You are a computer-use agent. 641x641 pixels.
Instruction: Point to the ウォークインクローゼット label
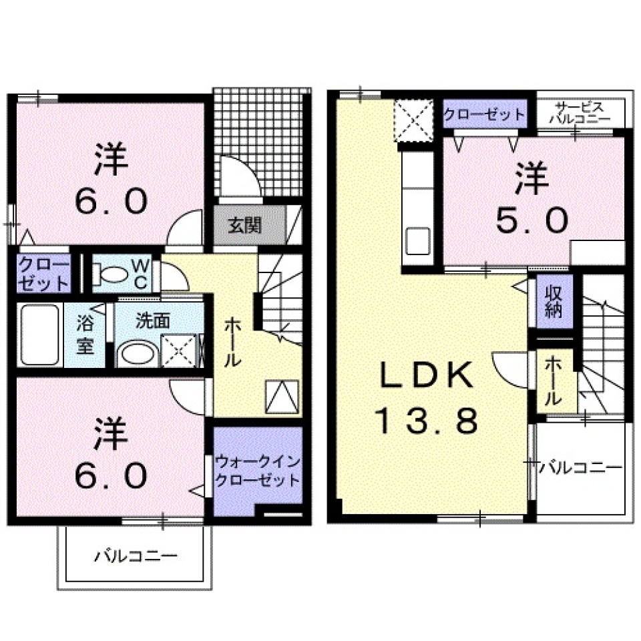tap(257, 471)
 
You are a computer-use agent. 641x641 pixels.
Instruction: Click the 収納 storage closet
tap(554, 301)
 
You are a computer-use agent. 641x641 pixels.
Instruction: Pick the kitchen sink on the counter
tap(419, 240)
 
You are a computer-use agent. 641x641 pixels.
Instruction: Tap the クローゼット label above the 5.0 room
tap(485, 114)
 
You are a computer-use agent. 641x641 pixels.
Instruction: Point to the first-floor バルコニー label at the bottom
tap(136, 556)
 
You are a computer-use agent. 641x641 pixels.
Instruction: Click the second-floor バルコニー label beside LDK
tap(581, 466)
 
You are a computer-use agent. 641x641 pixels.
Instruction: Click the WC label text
tap(141, 274)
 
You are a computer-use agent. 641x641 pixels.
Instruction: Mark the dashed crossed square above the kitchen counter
tap(413, 120)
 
